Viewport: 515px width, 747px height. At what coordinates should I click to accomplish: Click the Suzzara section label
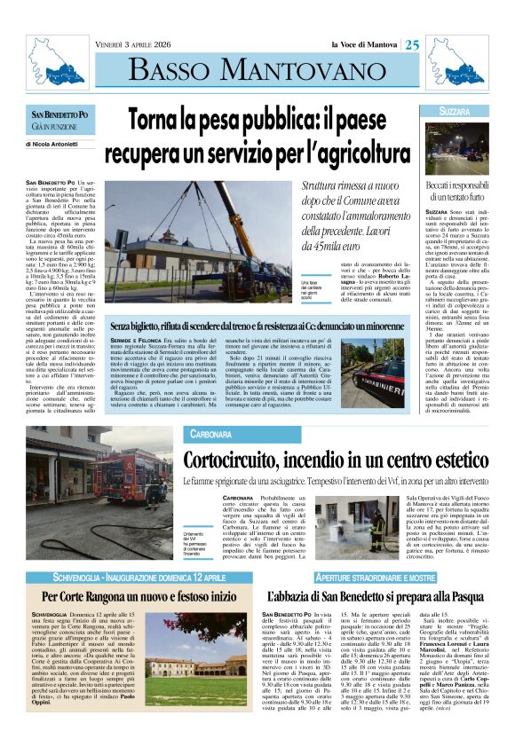point(455,112)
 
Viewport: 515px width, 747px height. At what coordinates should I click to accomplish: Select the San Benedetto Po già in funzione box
point(59,120)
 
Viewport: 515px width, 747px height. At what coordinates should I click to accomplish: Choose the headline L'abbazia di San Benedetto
point(378,595)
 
